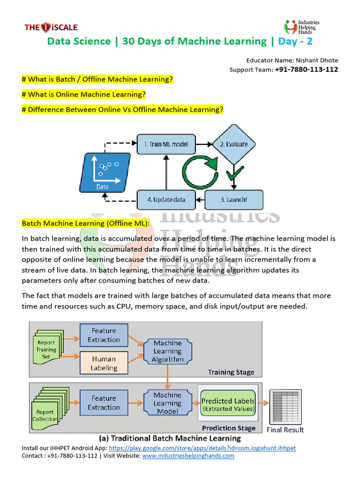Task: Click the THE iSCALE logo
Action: tap(51, 27)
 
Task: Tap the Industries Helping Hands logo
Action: tap(302, 27)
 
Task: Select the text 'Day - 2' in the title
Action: tap(295, 41)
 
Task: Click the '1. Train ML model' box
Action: tap(165, 144)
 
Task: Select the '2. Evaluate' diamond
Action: tap(230, 144)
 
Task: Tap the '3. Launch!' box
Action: tap(233, 200)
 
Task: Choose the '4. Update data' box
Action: tap(165, 200)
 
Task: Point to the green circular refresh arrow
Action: tap(200, 172)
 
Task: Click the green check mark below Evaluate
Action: tap(233, 175)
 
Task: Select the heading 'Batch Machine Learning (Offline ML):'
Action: tap(86, 224)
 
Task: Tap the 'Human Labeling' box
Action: tap(104, 363)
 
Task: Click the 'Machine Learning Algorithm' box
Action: tap(167, 351)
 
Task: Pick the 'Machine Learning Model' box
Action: tap(167, 403)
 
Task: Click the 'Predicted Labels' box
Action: tap(228, 405)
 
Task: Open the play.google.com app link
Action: tap(202, 448)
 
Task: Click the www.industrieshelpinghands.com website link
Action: tap(188, 455)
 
